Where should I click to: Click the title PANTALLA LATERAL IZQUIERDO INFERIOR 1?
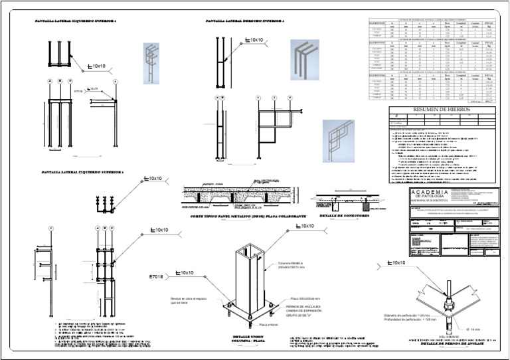75,22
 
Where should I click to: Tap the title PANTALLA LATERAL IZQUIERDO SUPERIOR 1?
82,172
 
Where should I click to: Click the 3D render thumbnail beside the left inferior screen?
151,63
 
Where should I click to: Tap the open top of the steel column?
251,251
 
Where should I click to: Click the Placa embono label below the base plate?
268,325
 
